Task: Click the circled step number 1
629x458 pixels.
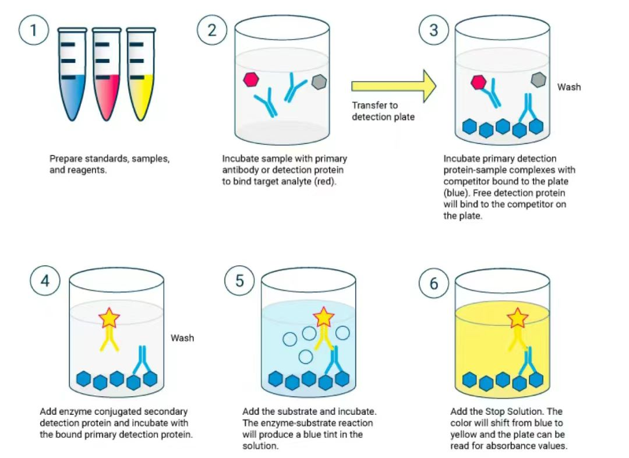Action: [x=34, y=30]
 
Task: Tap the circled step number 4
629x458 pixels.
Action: [x=45, y=281]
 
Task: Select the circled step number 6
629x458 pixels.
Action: [x=434, y=284]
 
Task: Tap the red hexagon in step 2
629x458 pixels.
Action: [x=252, y=80]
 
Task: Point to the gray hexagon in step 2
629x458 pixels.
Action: [x=319, y=83]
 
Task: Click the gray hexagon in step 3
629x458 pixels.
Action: [x=538, y=80]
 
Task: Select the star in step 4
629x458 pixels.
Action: [x=109, y=318]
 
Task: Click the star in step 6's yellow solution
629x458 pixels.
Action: [x=517, y=318]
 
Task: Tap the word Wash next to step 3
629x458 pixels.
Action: [x=568, y=87]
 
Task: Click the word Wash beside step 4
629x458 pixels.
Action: [x=182, y=338]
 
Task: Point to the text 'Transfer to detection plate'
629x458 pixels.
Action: [x=383, y=111]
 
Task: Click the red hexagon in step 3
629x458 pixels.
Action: [x=479, y=82]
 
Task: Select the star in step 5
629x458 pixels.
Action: [x=324, y=318]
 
